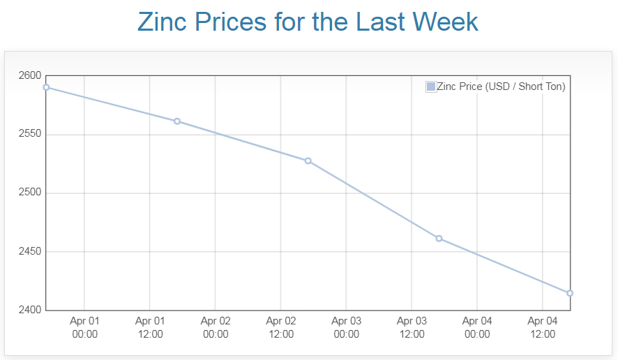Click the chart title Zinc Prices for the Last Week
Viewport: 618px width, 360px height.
click(308, 22)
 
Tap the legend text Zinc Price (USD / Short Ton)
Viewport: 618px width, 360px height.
click(500, 87)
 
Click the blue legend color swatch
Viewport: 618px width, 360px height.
click(430, 87)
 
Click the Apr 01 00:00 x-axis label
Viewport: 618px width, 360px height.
click(84, 327)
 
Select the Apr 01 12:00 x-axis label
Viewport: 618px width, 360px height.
click(150, 327)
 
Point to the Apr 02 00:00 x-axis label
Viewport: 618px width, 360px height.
click(216, 327)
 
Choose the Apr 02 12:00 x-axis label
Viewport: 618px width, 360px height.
click(281, 327)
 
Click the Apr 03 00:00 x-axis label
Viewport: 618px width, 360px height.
click(346, 327)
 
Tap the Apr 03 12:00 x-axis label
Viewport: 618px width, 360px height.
click(412, 327)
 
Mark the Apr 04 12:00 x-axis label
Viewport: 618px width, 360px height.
click(543, 327)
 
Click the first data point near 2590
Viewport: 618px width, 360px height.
click(46, 87)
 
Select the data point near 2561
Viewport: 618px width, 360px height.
click(177, 121)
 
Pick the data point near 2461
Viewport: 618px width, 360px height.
click(439, 239)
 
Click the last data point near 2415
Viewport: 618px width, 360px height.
click(570, 293)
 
